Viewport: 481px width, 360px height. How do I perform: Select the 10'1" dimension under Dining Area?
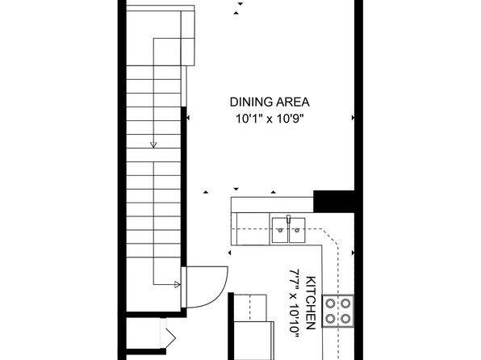point(249,119)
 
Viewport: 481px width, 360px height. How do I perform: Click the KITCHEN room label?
point(311,303)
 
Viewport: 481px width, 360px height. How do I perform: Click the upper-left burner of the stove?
point(330,303)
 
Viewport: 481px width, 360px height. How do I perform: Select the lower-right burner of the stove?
point(345,319)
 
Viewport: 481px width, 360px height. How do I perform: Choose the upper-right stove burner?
point(345,303)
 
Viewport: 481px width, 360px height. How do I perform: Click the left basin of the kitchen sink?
point(280,230)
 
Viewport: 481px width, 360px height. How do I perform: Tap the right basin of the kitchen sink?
point(297,230)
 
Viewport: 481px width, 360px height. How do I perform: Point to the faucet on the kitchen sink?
point(288,219)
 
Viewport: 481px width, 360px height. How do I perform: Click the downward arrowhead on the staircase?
point(153,144)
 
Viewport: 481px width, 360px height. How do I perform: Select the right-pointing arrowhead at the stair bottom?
point(178,284)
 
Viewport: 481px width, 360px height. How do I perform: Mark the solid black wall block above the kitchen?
point(334,201)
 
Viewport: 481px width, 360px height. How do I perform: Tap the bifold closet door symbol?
point(168,334)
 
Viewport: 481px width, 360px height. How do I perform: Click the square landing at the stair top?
point(167,52)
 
